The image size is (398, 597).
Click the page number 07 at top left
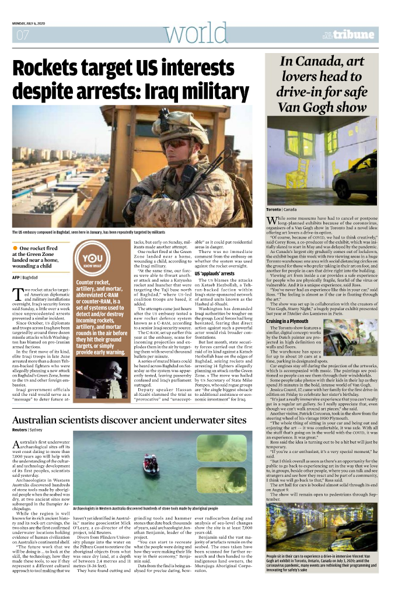click(23, 34)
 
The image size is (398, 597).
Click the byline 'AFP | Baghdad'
click(25, 277)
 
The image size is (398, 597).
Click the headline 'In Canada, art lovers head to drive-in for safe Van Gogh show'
click(323, 85)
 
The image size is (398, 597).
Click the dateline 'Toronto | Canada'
click(281, 209)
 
